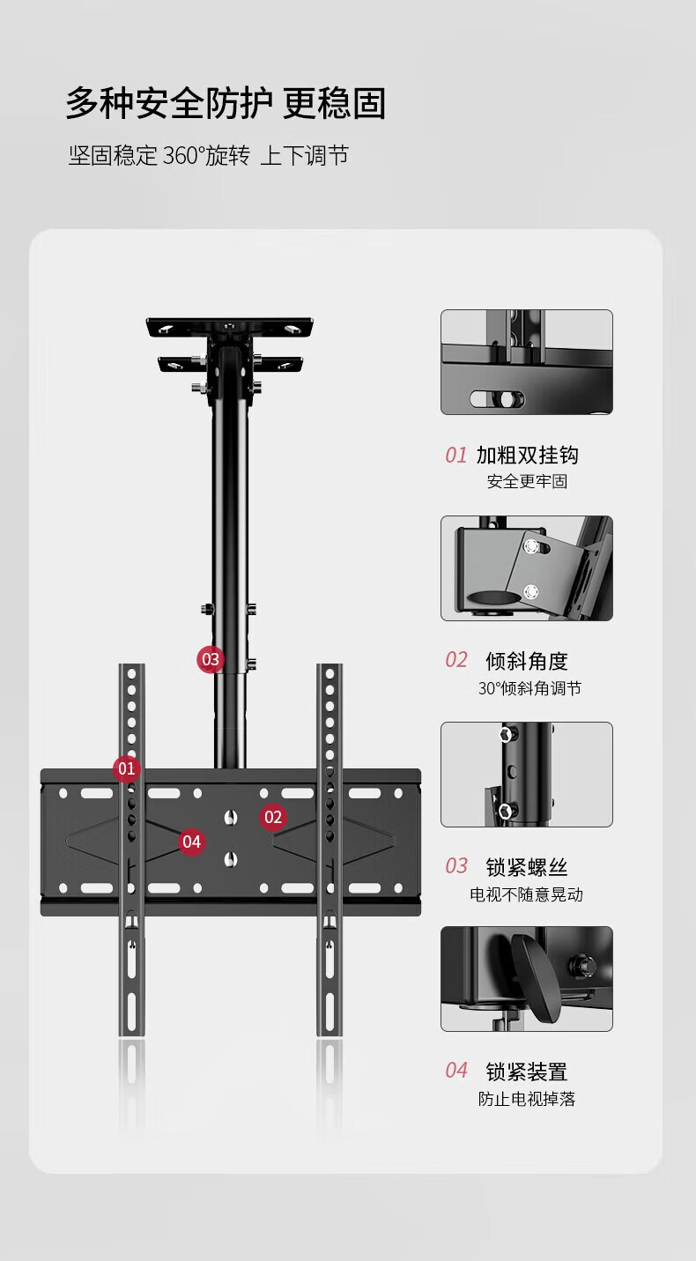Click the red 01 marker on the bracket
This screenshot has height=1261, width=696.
[x=127, y=768]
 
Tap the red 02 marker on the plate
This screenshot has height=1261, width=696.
[x=273, y=817]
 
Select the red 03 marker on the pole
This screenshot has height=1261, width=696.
[x=211, y=658]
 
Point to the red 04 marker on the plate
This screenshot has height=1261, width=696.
[x=192, y=842]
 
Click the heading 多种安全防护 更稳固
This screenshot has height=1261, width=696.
[x=226, y=104]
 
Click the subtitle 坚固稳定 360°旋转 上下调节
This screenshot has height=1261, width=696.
[x=209, y=156]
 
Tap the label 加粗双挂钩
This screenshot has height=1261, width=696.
[x=527, y=455]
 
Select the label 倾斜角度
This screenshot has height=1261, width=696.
[x=527, y=661]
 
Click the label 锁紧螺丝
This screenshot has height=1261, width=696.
[x=527, y=867]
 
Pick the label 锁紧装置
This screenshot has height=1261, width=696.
[x=527, y=1072]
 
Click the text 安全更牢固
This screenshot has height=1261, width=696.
[x=527, y=482]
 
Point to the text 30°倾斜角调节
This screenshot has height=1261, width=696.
[x=529, y=688]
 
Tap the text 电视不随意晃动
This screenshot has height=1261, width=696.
[x=527, y=894]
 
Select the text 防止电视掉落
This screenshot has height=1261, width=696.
[x=527, y=1099]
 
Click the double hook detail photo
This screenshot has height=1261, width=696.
[x=527, y=362]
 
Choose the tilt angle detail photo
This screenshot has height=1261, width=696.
[x=527, y=568]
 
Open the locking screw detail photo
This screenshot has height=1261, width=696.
[x=527, y=775]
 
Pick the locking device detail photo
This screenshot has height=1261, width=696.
[x=527, y=979]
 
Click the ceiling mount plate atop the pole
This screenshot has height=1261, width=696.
[x=231, y=328]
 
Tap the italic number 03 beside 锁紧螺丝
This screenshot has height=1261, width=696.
[x=456, y=866]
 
